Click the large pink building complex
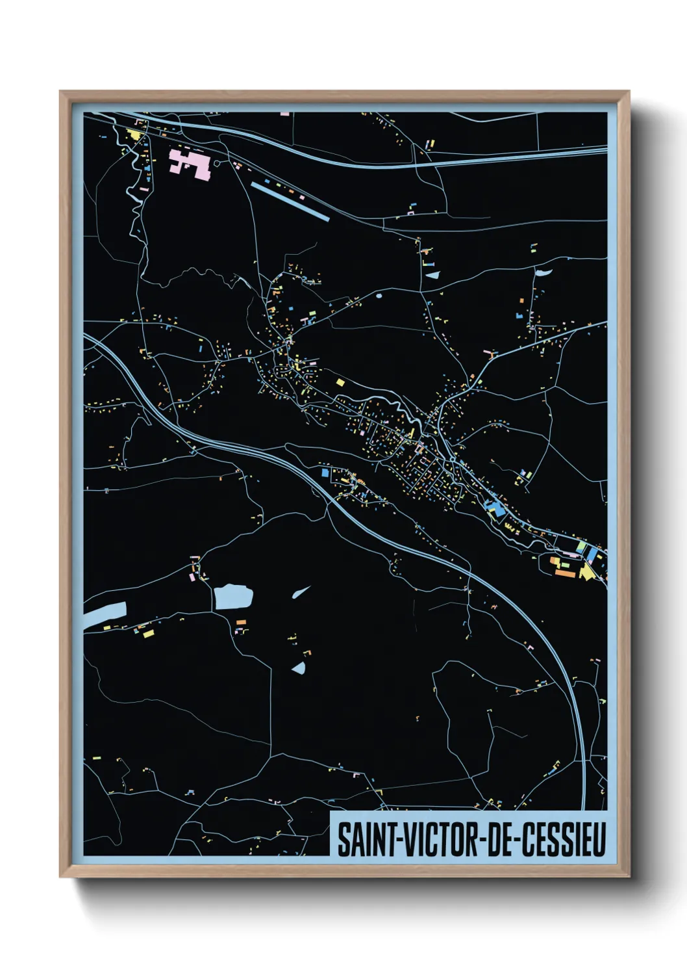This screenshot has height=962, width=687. [x=189, y=162]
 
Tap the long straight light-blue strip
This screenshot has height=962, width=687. [x=290, y=201]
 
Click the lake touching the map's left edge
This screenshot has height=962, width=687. [x=105, y=614]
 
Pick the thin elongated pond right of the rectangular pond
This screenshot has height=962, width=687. [x=301, y=591]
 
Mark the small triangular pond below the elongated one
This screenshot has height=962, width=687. [x=299, y=668]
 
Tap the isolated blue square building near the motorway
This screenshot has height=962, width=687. [x=325, y=473]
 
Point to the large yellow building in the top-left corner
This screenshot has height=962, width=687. [x=135, y=135]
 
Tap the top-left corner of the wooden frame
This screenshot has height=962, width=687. [x=61, y=92]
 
